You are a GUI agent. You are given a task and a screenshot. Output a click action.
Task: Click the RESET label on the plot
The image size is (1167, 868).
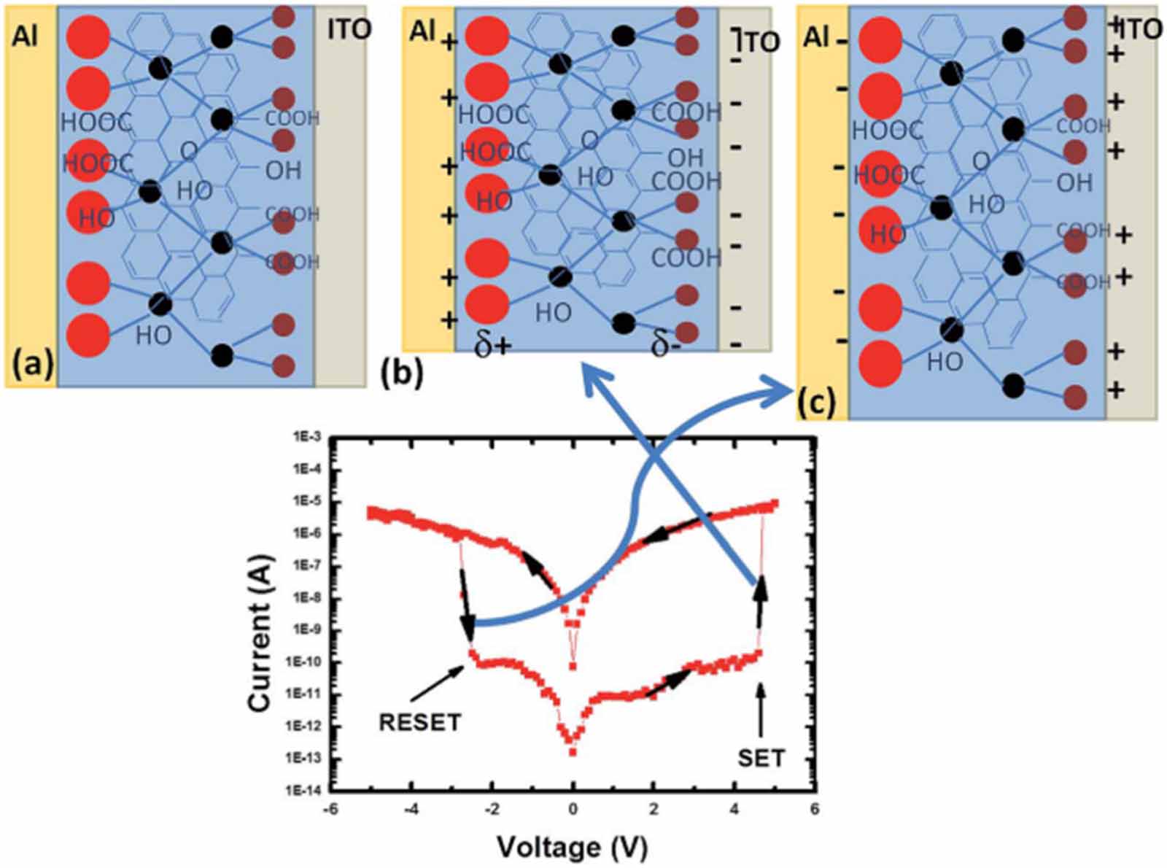click(419, 722)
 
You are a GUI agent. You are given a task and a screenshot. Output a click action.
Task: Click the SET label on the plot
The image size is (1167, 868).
click(761, 758)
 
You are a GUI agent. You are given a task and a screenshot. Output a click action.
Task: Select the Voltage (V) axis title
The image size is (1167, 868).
click(573, 848)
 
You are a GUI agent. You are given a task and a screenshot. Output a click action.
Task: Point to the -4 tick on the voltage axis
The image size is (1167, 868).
click(411, 809)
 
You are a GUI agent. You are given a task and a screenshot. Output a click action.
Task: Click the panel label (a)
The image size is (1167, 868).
click(30, 363)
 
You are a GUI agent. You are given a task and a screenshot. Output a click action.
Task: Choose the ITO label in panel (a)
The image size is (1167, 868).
click(349, 29)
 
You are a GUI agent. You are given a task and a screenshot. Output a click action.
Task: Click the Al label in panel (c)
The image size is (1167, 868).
click(815, 36)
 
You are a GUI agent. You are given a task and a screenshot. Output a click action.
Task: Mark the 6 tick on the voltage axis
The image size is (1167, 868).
click(814, 809)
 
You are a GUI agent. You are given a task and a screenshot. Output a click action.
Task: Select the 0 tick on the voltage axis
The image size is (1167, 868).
click(573, 809)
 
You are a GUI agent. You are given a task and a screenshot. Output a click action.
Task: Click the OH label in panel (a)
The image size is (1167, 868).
click(283, 170)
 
